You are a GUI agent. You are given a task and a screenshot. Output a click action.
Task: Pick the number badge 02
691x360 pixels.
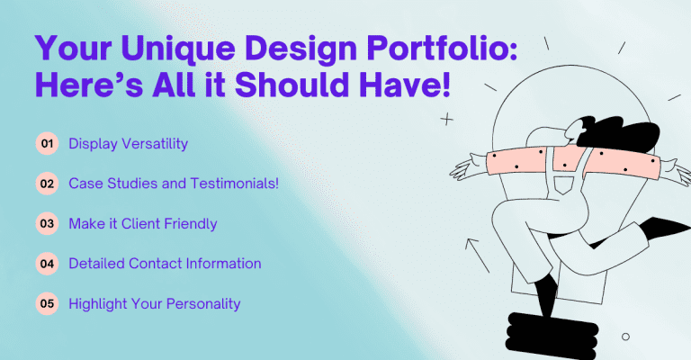coord(47,183)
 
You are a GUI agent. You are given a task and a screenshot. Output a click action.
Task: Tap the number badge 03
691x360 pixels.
coord(47,223)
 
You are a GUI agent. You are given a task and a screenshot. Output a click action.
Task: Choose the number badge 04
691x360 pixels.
coord(47,264)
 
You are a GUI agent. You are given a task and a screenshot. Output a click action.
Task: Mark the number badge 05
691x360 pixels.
coord(47,304)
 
